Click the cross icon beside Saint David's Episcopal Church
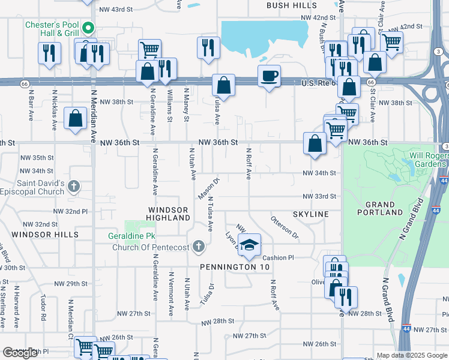(73, 186)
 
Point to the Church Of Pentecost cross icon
(199, 246)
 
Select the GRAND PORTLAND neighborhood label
(379, 208)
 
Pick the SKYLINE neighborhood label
(310, 214)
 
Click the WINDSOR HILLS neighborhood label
(45, 234)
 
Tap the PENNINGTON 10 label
(237, 266)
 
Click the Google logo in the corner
(20, 353)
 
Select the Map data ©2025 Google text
(412, 355)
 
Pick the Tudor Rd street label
(43, 307)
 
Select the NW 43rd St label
(116, 10)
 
